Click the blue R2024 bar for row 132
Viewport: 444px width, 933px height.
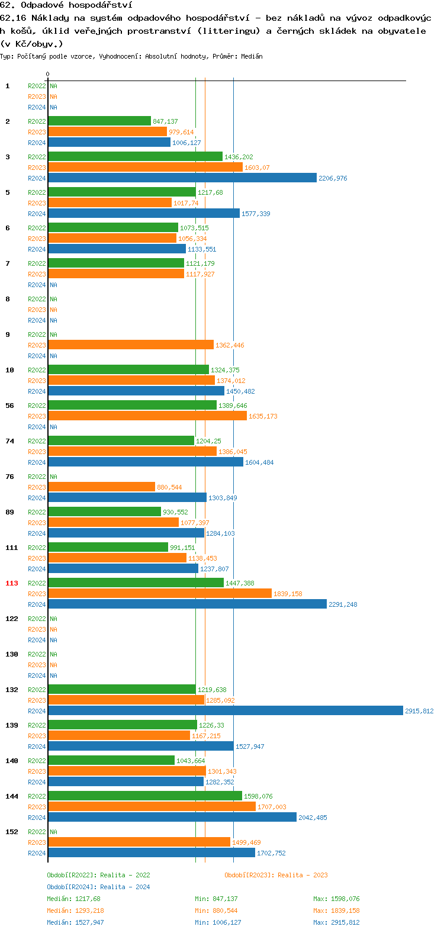(x=225, y=710)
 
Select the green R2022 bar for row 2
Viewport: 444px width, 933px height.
(x=99, y=121)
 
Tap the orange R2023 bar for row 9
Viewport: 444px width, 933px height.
(x=130, y=345)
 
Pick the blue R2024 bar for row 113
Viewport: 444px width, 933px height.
(x=187, y=604)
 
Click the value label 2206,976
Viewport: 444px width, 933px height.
(x=333, y=178)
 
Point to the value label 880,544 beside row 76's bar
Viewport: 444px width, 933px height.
(x=169, y=487)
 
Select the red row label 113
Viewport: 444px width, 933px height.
(x=12, y=583)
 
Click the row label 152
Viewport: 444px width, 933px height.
(x=12, y=832)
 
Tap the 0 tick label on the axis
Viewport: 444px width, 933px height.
(x=48, y=74)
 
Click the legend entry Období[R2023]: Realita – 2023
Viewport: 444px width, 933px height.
(x=276, y=875)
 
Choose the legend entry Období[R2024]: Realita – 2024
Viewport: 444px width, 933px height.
(x=98, y=887)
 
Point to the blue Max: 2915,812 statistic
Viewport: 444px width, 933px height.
(x=336, y=922)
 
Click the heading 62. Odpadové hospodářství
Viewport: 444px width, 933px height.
(x=66, y=5)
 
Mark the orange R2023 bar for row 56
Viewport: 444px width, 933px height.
(x=147, y=416)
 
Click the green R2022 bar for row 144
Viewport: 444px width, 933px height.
(x=144, y=796)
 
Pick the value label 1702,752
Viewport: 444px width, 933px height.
(x=271, y=853)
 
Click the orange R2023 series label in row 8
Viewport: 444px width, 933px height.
(x=37, y=310)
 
